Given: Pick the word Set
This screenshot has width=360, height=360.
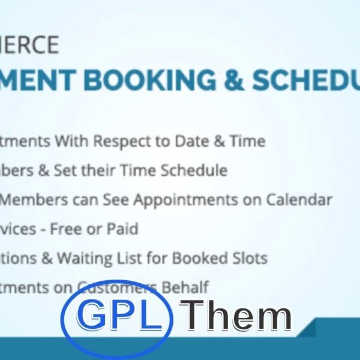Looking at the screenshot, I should [67, 170].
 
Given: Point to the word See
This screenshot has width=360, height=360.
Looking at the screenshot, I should [114, 200].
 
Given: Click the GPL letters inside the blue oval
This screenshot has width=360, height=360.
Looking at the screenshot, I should [120, 316].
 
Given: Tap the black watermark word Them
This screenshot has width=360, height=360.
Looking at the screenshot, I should [235, 317].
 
